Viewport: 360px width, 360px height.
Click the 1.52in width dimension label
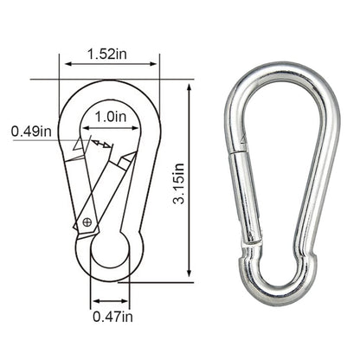(x=109, y=55)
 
